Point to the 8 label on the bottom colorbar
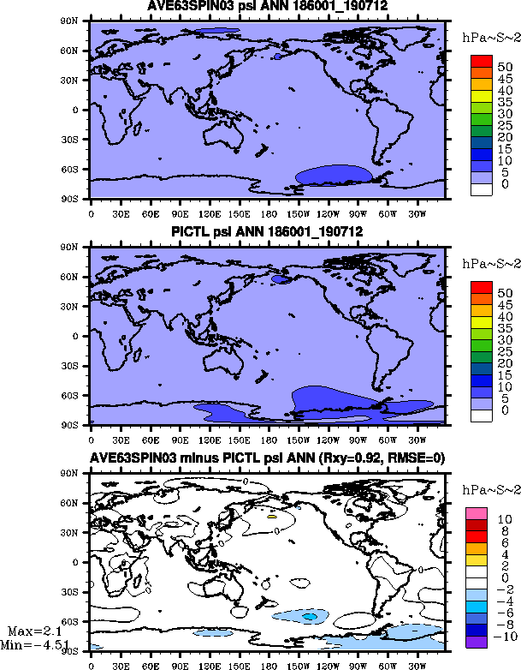pos(505,531)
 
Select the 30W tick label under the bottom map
pos(415,663)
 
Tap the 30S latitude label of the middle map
pos(76,365)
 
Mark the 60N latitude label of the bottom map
pos(76,503)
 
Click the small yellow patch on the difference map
pos(272,516)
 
